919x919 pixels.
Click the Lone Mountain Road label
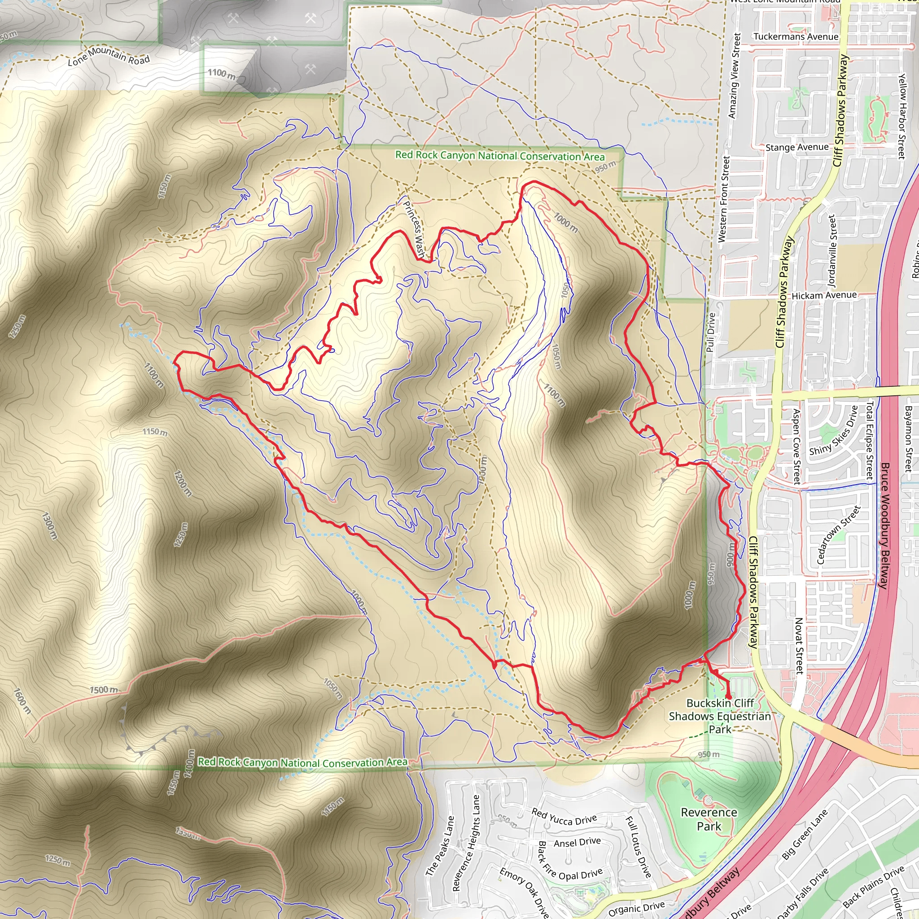click(109, 57)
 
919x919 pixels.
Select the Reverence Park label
click(709, 819)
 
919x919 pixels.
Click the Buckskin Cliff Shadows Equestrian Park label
click(720, 716)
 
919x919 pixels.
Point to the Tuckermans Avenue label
click(796, 37)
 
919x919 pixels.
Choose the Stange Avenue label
click(797, 148)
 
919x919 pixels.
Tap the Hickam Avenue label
click(824, 295)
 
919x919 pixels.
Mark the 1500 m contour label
click(104, 690)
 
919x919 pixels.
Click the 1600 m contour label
click(22, 701)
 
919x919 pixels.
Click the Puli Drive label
click(710, 332)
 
